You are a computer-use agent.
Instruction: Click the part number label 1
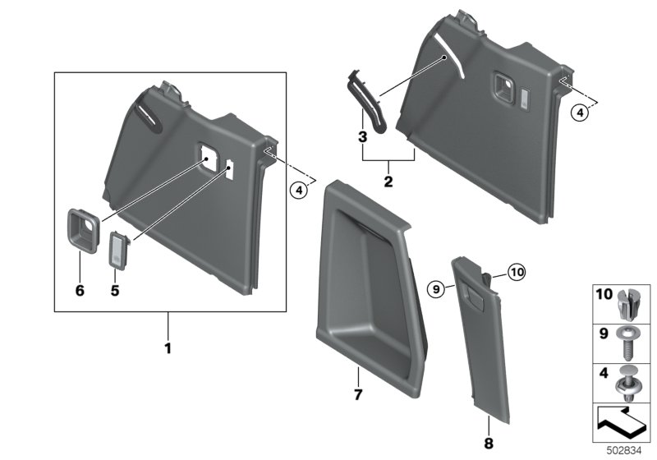168,348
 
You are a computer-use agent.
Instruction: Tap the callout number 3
362,136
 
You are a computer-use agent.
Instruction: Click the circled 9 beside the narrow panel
438,287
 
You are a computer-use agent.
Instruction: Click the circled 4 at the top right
579,115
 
